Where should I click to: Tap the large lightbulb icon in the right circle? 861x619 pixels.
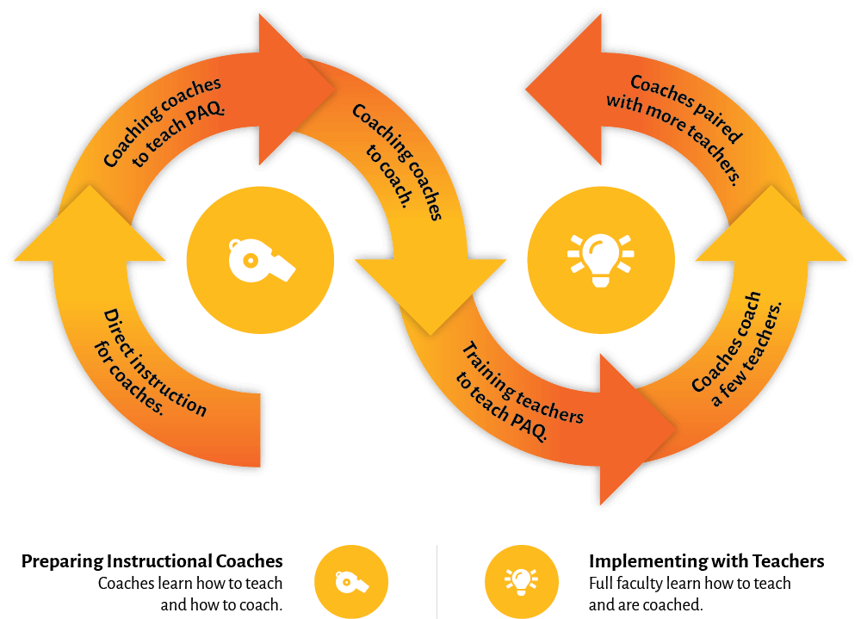pos(600,258)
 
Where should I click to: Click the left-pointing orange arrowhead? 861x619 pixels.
pos(564,90)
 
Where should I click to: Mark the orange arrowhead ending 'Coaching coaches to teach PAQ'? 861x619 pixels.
pos(293,90)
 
